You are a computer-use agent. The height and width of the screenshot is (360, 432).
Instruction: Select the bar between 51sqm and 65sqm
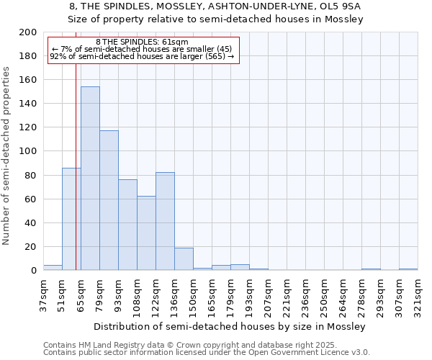(71, 219)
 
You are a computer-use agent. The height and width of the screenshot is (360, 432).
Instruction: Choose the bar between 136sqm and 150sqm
(184, 258)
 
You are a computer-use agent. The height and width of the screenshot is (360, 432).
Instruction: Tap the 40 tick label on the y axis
(31, 223)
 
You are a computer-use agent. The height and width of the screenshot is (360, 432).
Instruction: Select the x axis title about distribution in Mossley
(230, 326)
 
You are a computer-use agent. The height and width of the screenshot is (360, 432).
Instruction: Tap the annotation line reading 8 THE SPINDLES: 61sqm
(142, 42)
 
